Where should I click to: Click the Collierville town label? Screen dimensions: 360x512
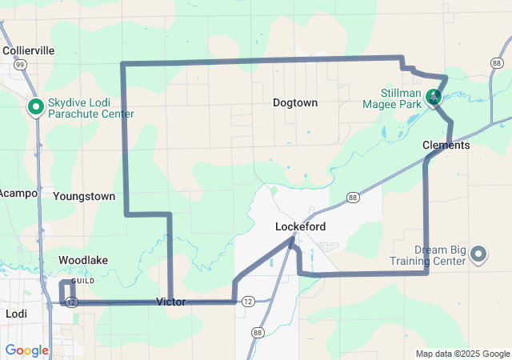(28, 50)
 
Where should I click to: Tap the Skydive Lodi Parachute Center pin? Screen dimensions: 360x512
(36, 106)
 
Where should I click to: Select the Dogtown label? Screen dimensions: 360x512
(295, 102)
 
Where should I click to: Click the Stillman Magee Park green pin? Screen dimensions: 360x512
(434, 98)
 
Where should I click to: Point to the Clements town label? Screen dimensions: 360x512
(446, 146)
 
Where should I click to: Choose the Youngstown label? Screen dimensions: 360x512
(84, 196)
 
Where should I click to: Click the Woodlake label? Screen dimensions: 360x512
(83, 260)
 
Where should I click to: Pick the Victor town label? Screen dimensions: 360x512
(170, 302)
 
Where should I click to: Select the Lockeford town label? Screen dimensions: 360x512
(300, 226)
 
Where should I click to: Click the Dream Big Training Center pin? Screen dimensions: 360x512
(478, 254)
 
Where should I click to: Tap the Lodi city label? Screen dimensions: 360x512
(16, 314)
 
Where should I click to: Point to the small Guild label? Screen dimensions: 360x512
(82, 282)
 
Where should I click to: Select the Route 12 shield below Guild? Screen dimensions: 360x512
(72, 302)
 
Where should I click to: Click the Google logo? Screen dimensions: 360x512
(26, 350)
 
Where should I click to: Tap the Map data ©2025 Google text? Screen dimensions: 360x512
(462, 354)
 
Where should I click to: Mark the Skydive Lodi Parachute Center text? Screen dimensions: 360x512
(90, 107)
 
